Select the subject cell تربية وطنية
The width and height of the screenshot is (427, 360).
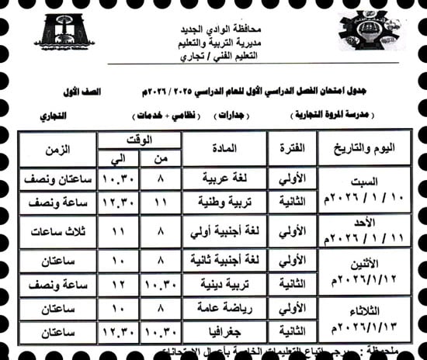225,202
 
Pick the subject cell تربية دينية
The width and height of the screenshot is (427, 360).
225,286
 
